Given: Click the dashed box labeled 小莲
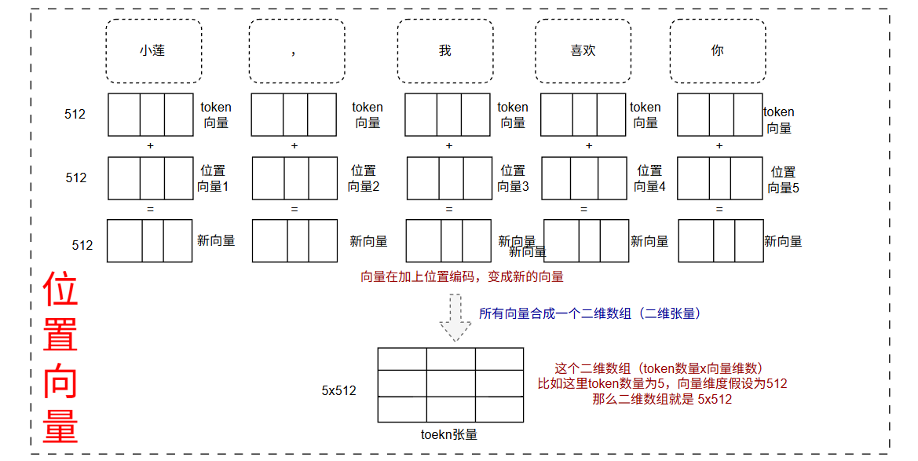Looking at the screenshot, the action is pyautogui.click(x=153, y=51).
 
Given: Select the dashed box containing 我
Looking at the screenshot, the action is pyautogui.click(x=444, y=51).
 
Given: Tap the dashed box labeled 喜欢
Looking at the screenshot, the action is pyautogui.click(x=583, y=51).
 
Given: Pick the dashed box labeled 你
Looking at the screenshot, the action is pyautogui.click(x=717, y=51).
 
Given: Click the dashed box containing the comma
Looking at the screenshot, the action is pyautogui.click(x=296, y=51).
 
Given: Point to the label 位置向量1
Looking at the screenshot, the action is pyautogui.click(x=212, y=178).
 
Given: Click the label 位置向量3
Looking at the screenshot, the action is pyautogui.click(x=513, y=178).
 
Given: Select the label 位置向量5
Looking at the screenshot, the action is pyautogui.click(x=783, y=180).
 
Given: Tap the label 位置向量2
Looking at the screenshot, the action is pyautogui.click(x=364, y=178).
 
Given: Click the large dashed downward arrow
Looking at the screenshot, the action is pyautogui.click(x=454, y=316).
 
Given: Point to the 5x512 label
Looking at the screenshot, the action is pyautogui.click(x=339, y=390).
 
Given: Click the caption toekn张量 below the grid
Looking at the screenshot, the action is pyautogui.click(x=449, y=434).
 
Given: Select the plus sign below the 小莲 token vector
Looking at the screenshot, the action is pyautogui.click(x=150, y=146).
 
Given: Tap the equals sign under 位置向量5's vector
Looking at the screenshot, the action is pyautogui.click(x=719, y=209).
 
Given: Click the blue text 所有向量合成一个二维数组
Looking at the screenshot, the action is pyautogui.click(x=589, y=313).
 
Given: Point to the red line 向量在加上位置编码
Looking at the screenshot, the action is pyautogui.click(x=461, y=277).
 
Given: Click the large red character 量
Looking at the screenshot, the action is pyautogui.click(x=60, y=425).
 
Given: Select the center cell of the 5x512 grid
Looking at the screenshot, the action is pyautogui.click(x=451, y=384).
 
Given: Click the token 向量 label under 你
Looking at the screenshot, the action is pyautogui.click(x=778, y=120).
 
